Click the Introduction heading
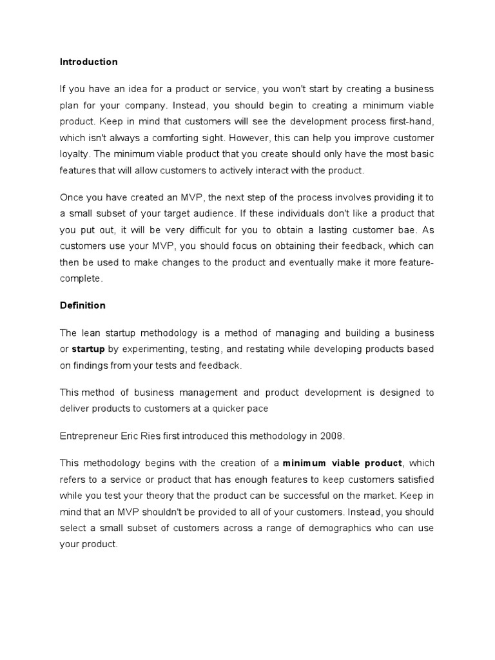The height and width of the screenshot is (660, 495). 89,63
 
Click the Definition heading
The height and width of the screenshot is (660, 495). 82,306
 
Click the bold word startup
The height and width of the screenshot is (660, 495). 88,349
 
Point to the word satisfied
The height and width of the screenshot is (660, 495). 410,480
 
